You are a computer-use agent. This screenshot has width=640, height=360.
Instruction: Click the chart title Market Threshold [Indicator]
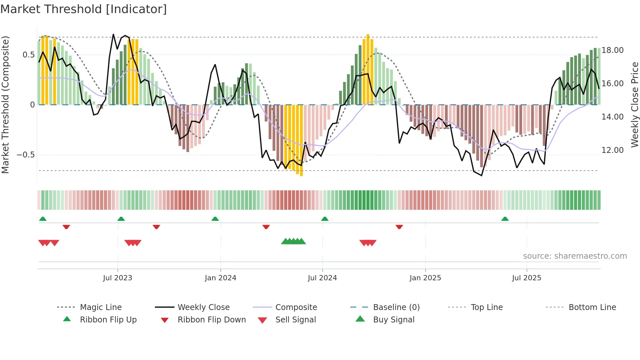[x=84, y=9]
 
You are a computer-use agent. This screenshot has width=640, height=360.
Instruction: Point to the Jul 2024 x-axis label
[x=322, y=278]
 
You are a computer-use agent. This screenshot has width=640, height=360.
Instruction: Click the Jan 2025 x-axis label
[x=425, y=278]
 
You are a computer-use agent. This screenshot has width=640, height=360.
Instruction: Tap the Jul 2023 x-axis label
[x=118, y=278]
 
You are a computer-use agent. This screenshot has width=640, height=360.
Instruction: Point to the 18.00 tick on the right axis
[x=612, y=50]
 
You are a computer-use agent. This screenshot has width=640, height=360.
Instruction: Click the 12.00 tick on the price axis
[x=612, y=150]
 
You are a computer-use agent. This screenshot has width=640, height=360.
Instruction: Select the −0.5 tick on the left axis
[x=26, y=155]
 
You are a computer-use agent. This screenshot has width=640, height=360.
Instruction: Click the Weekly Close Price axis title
[x=634, y=105]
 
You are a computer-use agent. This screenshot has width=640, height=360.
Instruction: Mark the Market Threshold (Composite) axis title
[x=5, y=105]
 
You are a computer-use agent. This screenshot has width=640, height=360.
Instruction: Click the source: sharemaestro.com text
[x=575, y=256]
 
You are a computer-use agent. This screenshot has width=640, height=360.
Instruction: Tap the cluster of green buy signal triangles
[x=293, y=241]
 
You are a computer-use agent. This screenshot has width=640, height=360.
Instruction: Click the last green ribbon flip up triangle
[x=505, y=219]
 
